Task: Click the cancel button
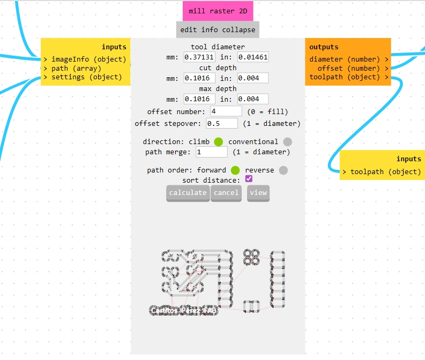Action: (x=226, y=193)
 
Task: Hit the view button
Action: (x=258, y=193)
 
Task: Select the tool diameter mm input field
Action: (x=199, y=57)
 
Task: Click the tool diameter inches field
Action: (x=253, y=57)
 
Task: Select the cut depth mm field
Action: (x=199, y=78)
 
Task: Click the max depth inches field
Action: (x=253, y=99)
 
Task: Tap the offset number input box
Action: (x=226, y=111)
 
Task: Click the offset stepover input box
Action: (x=221, y=124)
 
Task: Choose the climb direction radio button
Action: (x=218, y=142)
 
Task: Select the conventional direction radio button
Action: (x=288, y=142)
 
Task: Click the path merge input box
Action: (x=212, y=152)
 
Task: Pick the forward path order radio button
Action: (x=235, y=170)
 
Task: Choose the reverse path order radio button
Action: (x=284, y=170)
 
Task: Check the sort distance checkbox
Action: (x=249, y=179)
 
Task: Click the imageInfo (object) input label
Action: (x=88, y=59)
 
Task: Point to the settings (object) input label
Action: (x=86, y=77)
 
